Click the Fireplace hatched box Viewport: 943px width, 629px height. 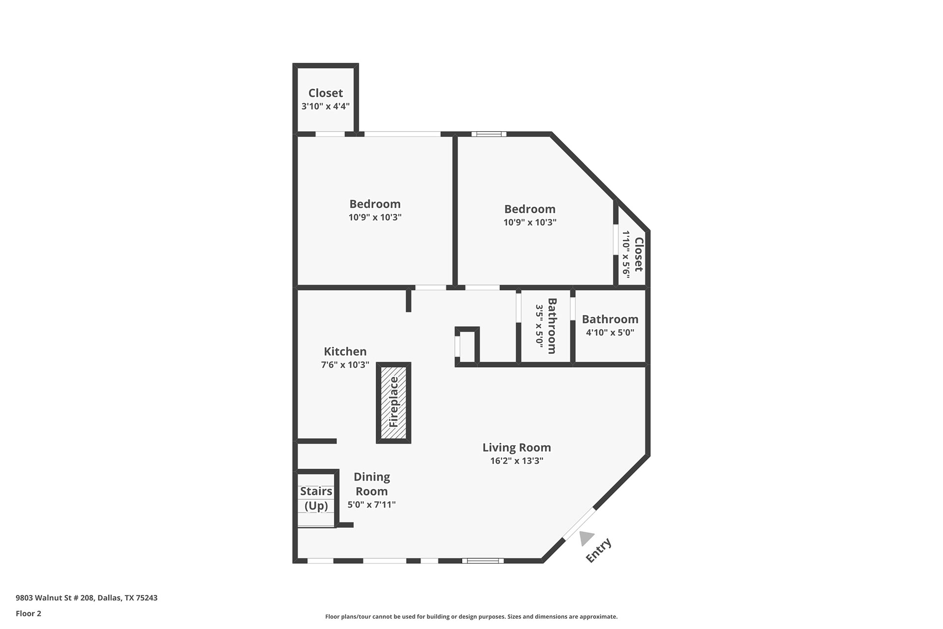click(x=393, y=402)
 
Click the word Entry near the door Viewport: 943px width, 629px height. click(x=599, y=550)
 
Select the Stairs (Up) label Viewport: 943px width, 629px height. click(x=316, y=498)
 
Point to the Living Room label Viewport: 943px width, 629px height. click(x=517, y=447)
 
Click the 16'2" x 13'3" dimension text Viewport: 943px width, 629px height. click(x=517, y=460)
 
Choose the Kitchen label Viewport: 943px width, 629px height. click(x=345, y=351)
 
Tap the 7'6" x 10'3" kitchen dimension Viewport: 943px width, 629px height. click(x=345, y=365)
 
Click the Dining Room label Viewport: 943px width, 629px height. click(x=372, y=484)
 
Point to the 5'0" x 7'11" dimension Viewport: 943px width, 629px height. click(x=372, y=504)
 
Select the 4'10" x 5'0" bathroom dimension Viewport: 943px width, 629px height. click(x=610, y=332)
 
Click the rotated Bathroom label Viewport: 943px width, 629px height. click(x=552, y=326)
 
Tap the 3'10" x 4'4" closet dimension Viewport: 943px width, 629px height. click(x=326, y=106)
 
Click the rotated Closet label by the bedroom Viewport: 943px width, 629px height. click(x=638, y=255)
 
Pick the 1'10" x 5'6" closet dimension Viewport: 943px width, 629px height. click(x=626, y=255)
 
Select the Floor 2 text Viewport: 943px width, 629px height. click(x=28, y=613)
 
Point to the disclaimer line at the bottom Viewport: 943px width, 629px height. click(x=471, y=616)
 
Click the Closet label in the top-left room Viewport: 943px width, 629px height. click(x=326, y=93)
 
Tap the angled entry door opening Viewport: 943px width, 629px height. click(x=579, y=524)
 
